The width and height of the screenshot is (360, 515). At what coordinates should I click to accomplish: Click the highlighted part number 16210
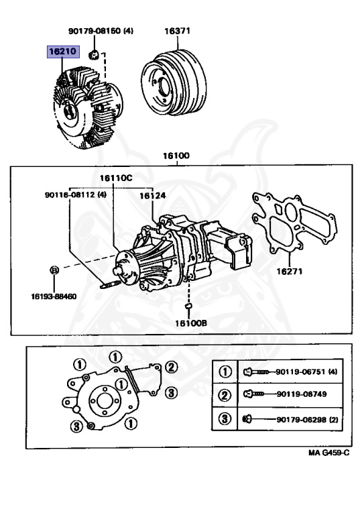(x=63, y=51)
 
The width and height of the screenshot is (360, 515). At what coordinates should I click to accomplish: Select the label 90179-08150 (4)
(x=101, y=31)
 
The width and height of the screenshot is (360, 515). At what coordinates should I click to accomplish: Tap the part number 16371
(x=178, y=31)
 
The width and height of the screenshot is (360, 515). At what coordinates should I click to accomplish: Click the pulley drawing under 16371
(x=174, y=82)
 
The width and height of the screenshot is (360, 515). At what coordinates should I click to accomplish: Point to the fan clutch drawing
(x=88, y=106)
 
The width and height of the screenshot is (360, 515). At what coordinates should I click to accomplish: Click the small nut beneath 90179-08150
(x=95, y=54)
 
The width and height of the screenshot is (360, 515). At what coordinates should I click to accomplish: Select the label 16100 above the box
(x=176, y=156)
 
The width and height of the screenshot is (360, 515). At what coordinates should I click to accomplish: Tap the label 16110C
(x=116, y=178)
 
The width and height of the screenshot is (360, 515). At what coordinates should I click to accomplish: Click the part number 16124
(x=153, y=196)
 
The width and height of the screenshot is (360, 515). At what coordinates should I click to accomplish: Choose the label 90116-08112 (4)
(x=76, y=194)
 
